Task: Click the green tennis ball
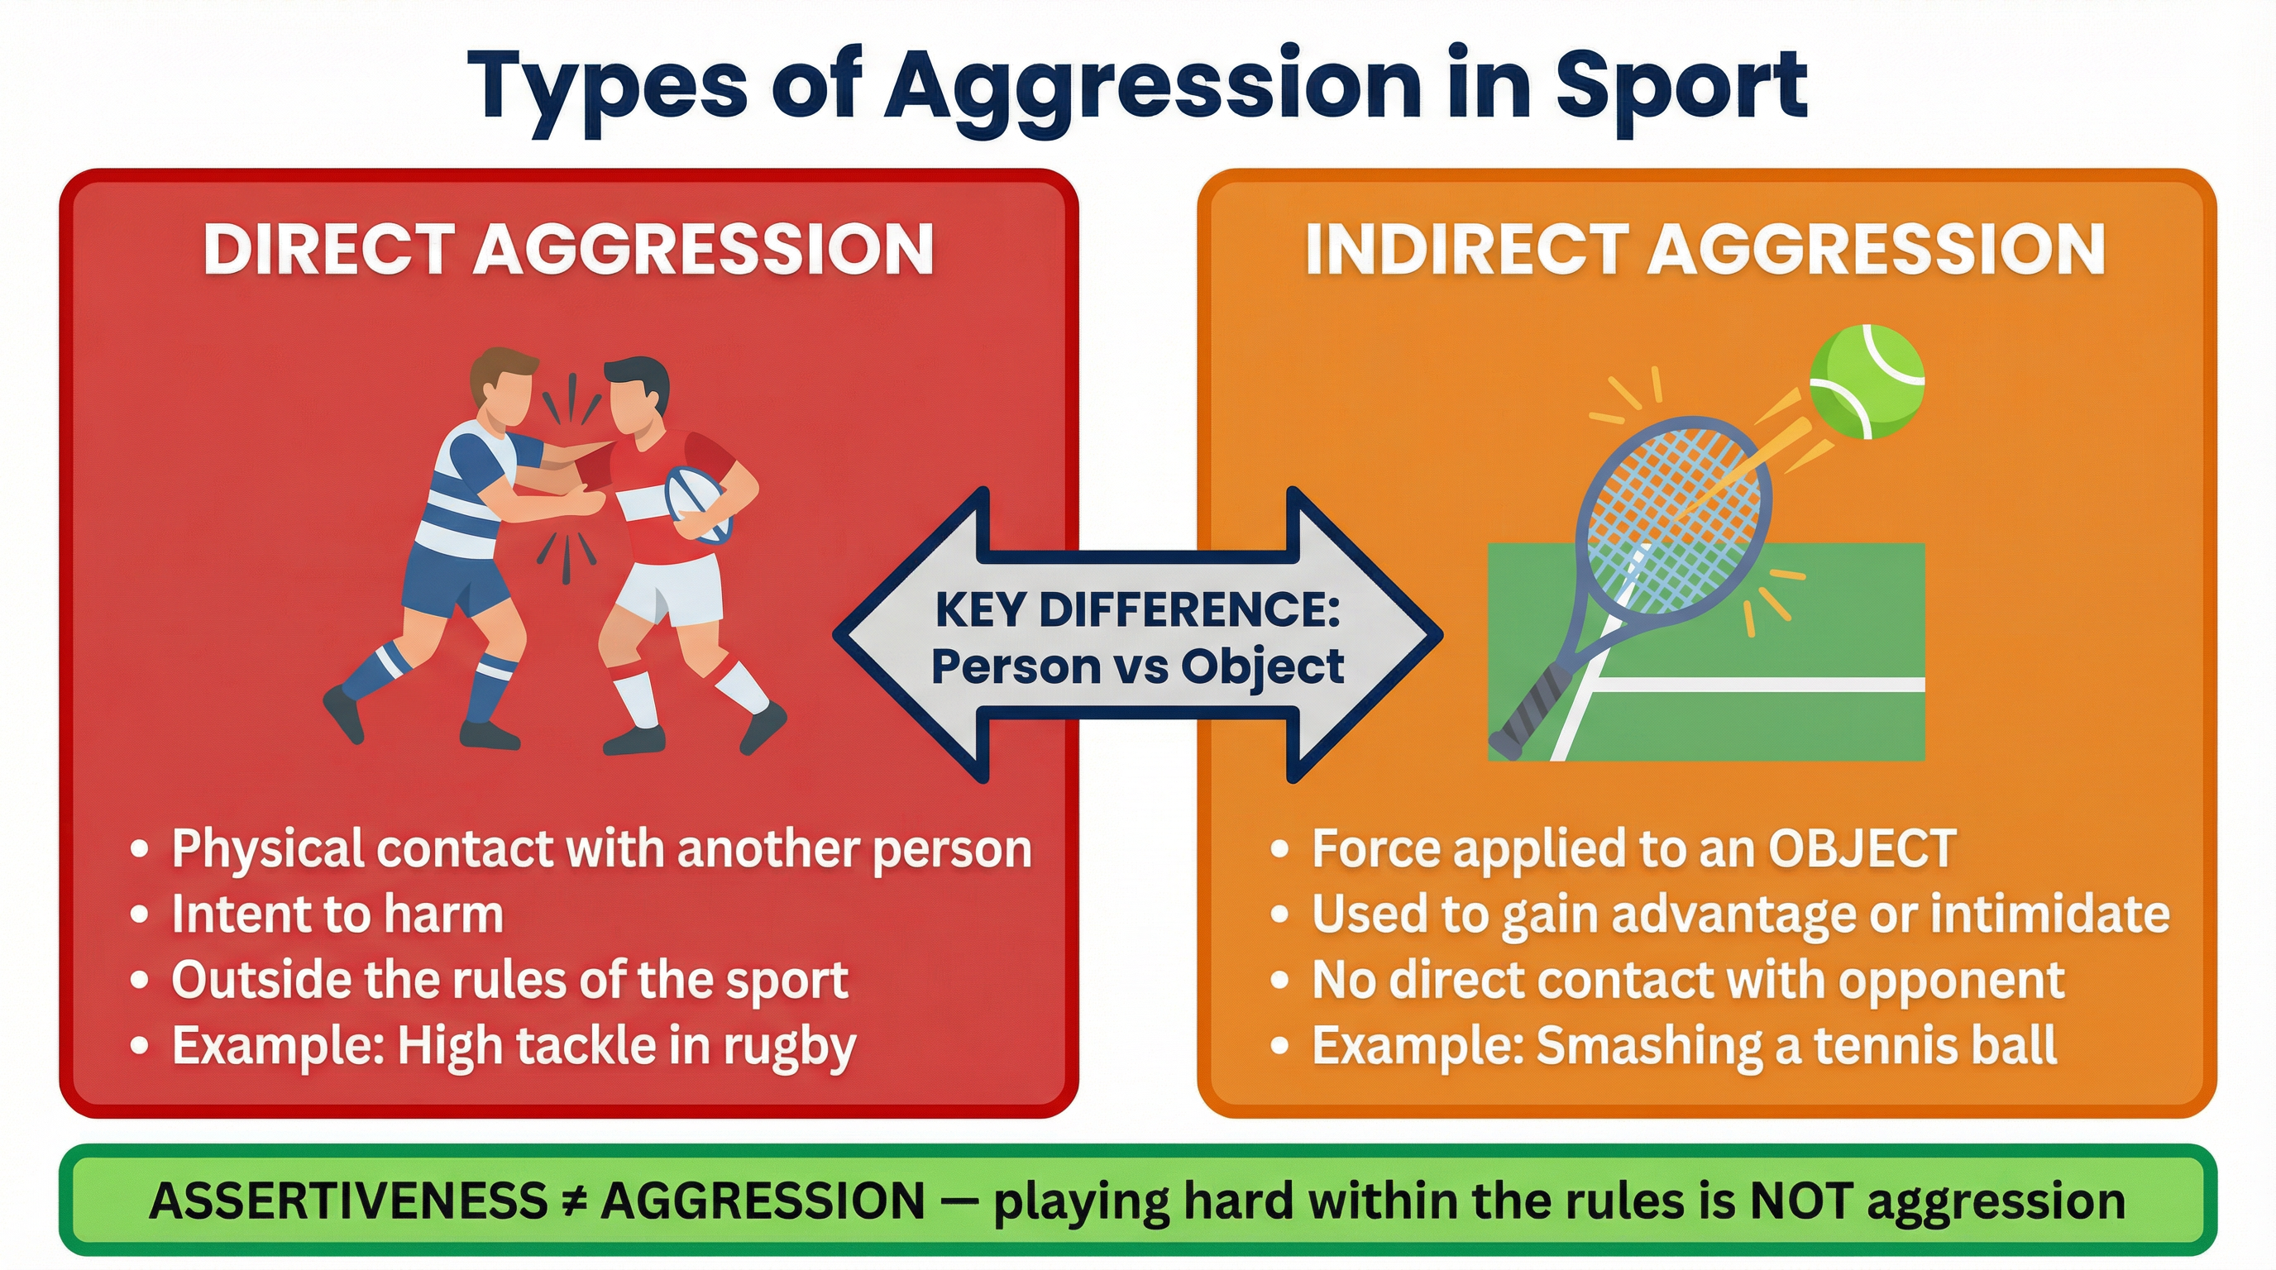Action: pyautogui.click(x=1866, y=380)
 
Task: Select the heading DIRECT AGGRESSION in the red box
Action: pyautogui.click(x=568, y=250)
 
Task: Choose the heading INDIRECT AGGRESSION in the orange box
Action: pyautogui.click(x=1705, y=250)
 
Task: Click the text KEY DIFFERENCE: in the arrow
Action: pyautogui.click(x=1137, y=610)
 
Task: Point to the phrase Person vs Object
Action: pyautogui.click(x=1137, y=666)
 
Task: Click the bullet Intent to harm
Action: pyautogui.click(x=337, y=914)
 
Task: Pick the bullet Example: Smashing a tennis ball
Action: pyautogui.click(x=1684, y=1047)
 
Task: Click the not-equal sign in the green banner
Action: pyautogui.click(x=573, y=1201)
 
